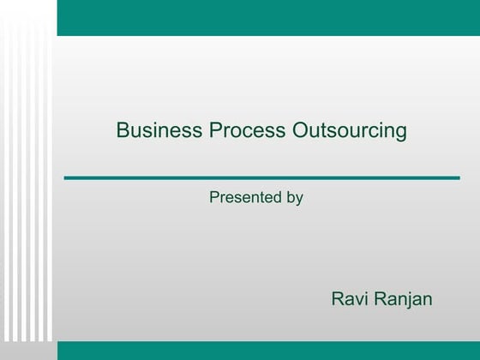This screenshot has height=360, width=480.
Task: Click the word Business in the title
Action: [x=159, y=131]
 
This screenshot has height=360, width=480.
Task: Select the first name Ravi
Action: [x=348, y=299]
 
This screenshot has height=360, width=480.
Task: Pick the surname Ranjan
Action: [x=403, y=300]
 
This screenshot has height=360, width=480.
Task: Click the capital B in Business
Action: [x=123, y=131]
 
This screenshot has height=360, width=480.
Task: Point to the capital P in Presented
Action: [x=214, y=198]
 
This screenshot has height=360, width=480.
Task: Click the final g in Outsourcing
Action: [x=400, y=133]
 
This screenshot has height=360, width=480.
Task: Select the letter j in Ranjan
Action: [x=407, y=301]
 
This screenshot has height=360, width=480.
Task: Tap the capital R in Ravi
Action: [x=337, y=299]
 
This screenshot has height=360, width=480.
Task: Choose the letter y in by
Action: [x=299, y=200]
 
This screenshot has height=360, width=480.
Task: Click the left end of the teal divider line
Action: [x=67, y=177]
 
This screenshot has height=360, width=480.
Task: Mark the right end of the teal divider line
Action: [x=458, y=177]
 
